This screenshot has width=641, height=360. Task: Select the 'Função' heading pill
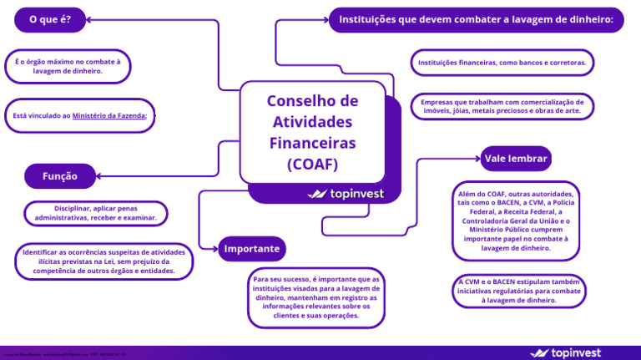[x=60, y=176]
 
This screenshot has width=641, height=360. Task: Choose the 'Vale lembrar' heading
[x=516, y=158]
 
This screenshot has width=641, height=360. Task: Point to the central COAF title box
[x=312, y=131]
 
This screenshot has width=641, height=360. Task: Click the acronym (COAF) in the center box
[x=312, y=164]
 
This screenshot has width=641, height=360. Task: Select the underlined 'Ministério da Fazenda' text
[x=109, y=116]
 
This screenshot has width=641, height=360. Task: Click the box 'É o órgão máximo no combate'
[x=68, y=66]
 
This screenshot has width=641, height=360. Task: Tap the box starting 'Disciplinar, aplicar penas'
[x=96, y=212]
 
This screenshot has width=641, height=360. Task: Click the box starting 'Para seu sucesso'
[x=315, y=297]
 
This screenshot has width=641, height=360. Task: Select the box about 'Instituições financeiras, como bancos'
[x=502, y=63]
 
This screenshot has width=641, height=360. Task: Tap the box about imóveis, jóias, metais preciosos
[x=502, y=105]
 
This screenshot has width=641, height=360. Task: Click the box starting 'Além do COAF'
[x=515, y=220]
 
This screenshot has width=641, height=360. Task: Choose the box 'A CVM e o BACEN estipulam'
[x=520, y=291]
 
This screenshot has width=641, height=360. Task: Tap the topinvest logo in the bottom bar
[x=565, y=352]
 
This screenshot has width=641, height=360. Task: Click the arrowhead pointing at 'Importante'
[x=213, y=247]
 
